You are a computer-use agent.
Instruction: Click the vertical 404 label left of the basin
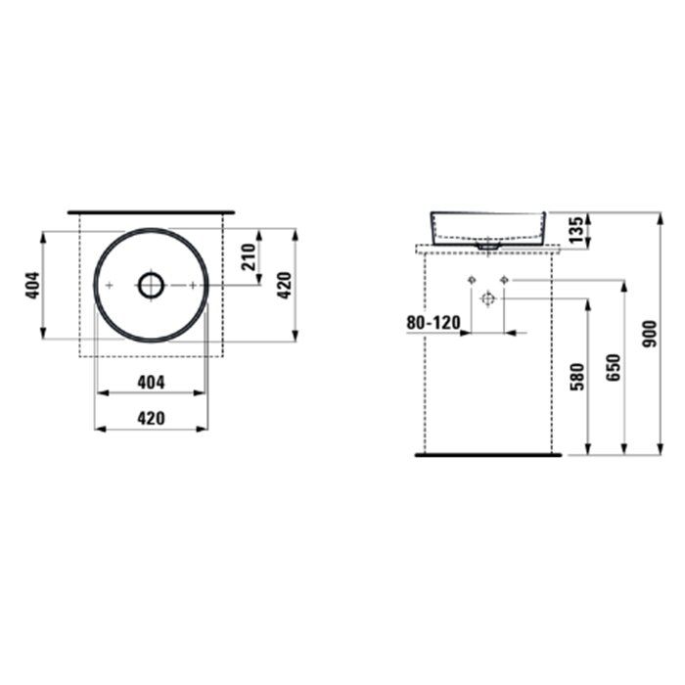pos(32,285)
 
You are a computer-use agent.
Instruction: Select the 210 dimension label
pos(249,257)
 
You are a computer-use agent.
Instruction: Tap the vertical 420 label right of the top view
pos(284,285)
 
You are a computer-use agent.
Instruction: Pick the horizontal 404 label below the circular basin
pos(150,382)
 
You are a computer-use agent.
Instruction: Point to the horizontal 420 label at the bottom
pos(150,417)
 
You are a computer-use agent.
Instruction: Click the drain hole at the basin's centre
pos(151,285)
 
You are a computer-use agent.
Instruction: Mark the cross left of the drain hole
pos(110,285)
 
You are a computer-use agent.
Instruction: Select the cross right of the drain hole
pos(193,285)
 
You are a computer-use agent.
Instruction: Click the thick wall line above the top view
pos(151,210)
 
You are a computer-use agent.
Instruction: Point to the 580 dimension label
pos(576,377)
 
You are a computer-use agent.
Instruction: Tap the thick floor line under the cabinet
pos(489,455)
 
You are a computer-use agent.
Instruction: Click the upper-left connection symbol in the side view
pos(471,281)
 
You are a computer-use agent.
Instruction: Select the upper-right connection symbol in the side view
pos(504,281)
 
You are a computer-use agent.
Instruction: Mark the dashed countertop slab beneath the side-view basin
pos(489,249)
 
